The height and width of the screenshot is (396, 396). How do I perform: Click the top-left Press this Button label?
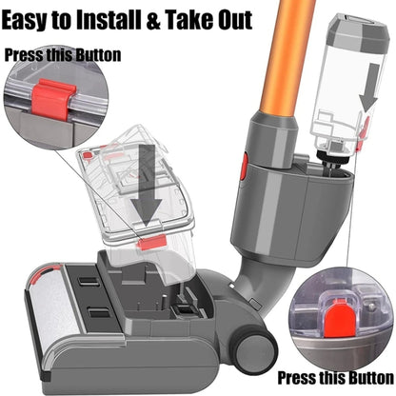coord(64,54)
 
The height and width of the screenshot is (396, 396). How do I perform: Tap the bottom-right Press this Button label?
coord(331,376)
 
